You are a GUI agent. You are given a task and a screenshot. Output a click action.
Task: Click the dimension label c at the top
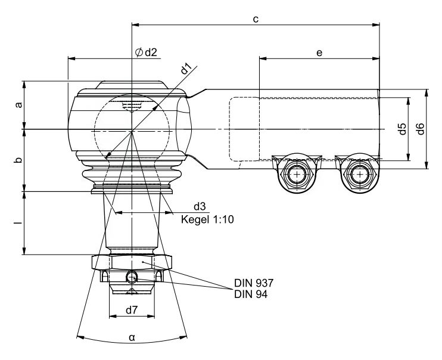tap(256, 20)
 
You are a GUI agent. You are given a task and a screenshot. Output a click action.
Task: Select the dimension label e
tap(319, 53)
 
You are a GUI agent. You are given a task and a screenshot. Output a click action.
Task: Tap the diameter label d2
tap(151, 52)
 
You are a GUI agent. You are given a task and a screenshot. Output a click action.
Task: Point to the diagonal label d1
tap(186, 69)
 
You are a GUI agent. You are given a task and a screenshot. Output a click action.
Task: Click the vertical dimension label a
tap(18, 105)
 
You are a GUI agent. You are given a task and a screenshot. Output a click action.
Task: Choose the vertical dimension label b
tap(18, 160)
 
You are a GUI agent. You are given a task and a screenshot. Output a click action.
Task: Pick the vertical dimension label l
tap(18, 223)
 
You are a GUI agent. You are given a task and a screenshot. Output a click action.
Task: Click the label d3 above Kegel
tap(200, 206)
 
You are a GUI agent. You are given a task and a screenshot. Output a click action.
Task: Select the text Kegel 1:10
tap(207, 219)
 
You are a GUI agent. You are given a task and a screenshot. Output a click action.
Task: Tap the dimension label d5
tap(403, 129)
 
